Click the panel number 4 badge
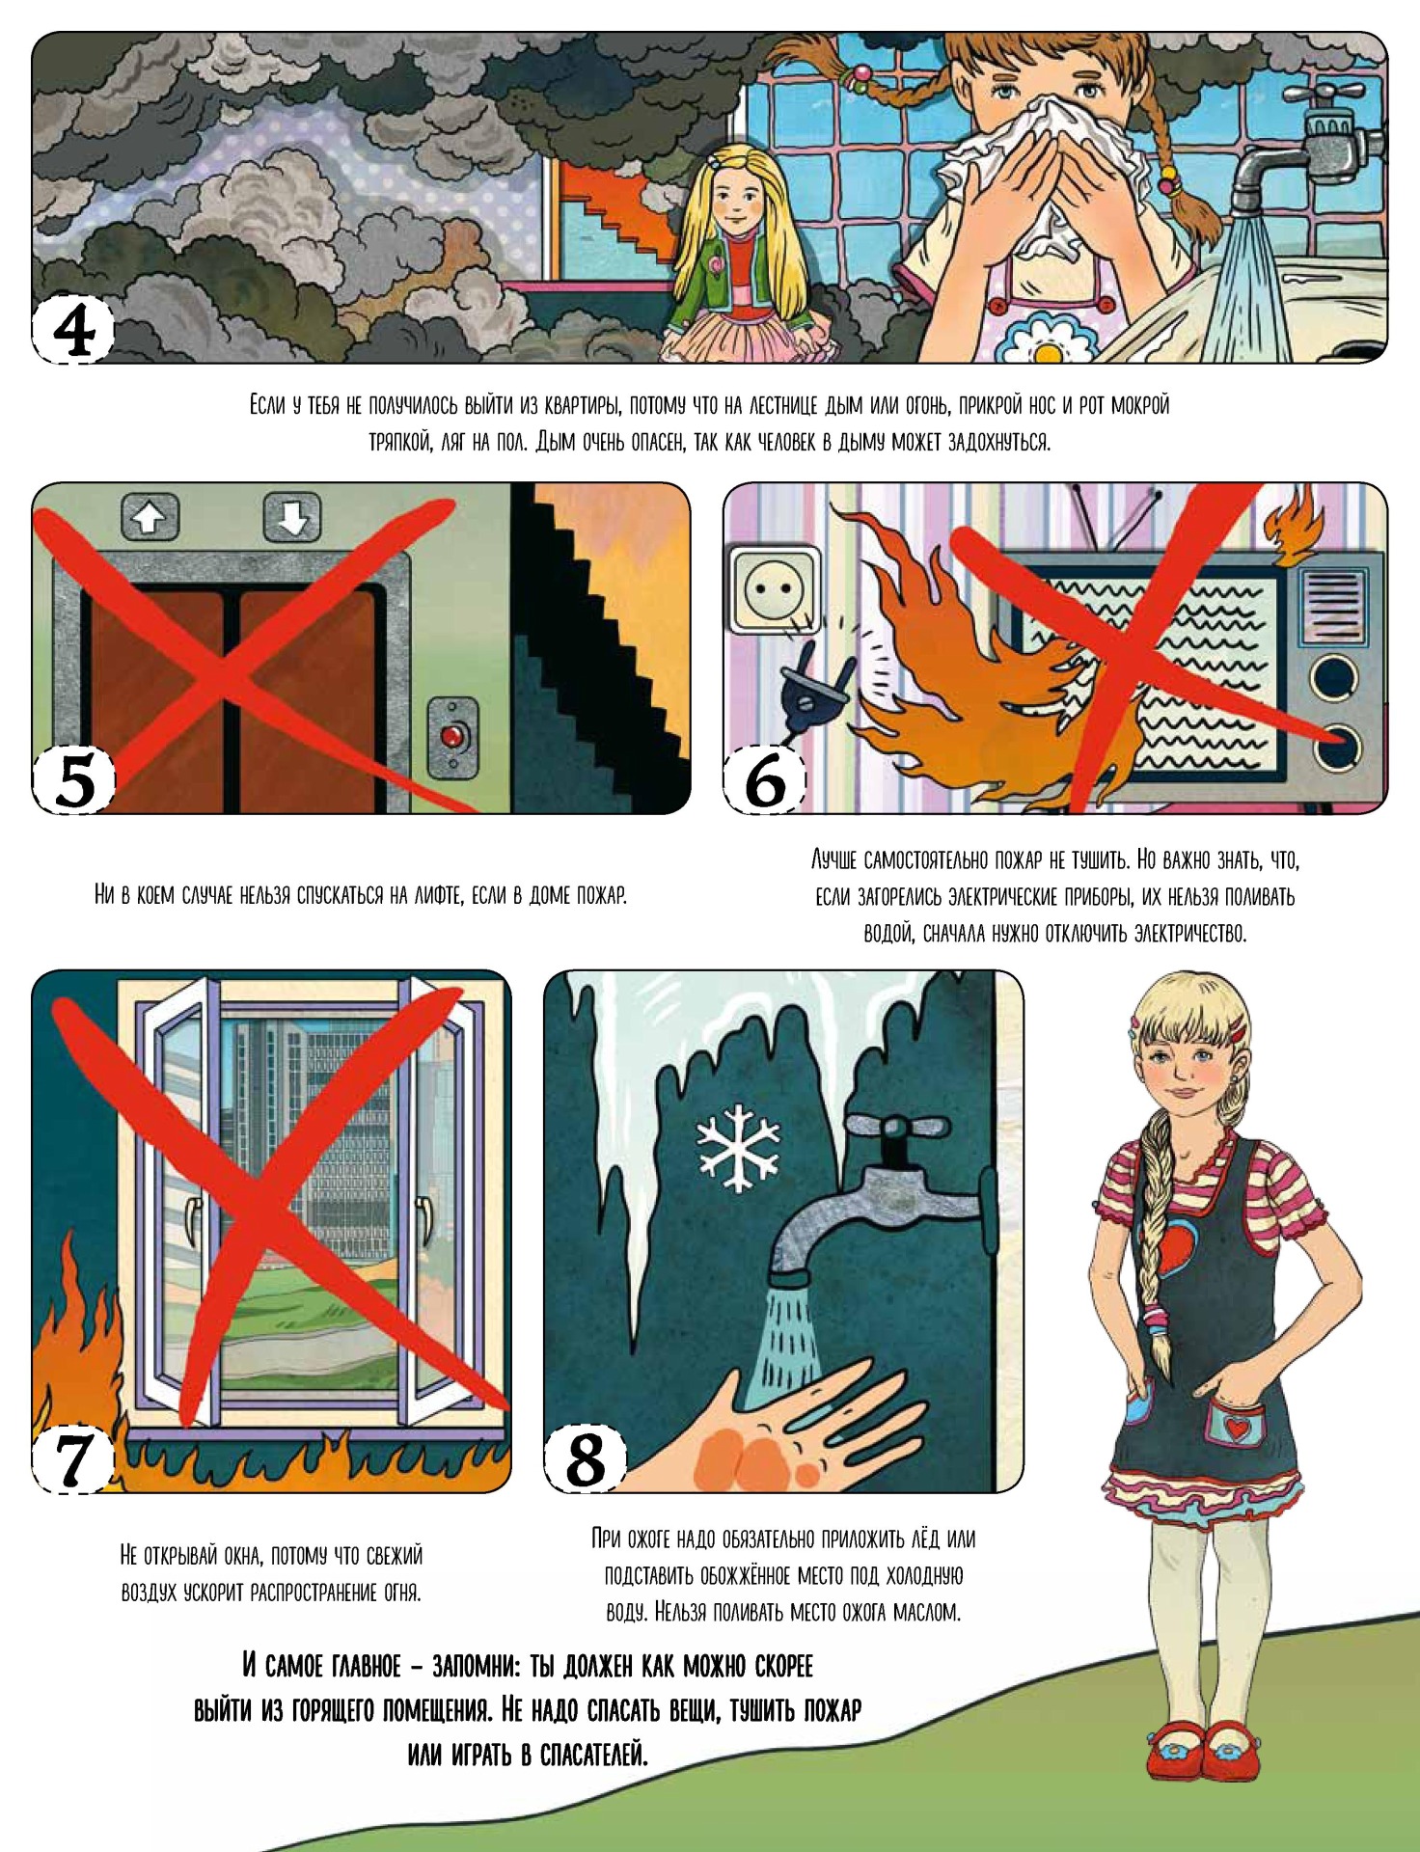pyautogui.click(x=73, y=330)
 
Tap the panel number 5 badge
pyautogui.click(x=75, y=779)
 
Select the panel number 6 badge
pyautogui.click(x=766, y=779)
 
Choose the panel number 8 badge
pyautogui.click(x=585, y=1458)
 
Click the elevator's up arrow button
pyautogui.click(x=150, y=517)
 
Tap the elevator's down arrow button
pyautogui.click(x=292, y=517)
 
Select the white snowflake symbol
pyautogui.click(x=738, y=1146)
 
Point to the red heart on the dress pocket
pyautogui.click(x=1238, y=1425)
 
